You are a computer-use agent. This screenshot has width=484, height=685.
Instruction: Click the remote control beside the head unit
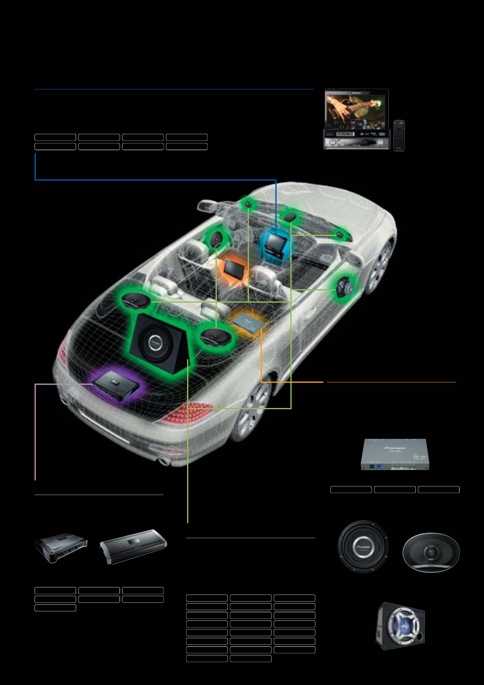(399, 135)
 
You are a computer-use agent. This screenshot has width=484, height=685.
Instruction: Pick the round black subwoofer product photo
(363, 546)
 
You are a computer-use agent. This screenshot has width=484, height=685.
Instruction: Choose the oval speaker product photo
(431, 552)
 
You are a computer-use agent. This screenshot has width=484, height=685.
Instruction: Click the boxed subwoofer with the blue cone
(400, 625)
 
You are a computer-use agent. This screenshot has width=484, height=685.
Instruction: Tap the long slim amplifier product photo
(134, 546)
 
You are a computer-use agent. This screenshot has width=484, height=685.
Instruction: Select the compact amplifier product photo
(62, 548)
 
